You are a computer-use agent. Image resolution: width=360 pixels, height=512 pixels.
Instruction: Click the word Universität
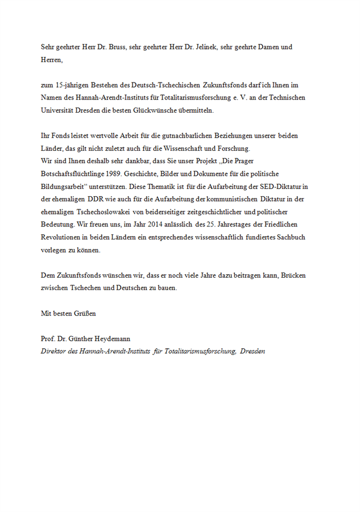click(57, 110)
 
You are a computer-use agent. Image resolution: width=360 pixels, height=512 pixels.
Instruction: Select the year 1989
click(116, 174)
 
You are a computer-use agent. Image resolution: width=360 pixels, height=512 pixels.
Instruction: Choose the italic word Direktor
click(53, 352)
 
